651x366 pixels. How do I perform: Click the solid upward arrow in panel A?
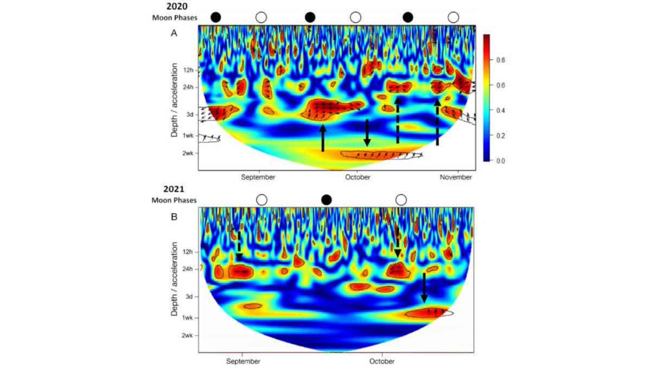click(323, 138)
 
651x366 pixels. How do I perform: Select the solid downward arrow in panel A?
click(367, 133)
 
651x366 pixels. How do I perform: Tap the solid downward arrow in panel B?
click(424, 288)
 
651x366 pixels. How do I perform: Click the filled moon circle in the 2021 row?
click(326, 200)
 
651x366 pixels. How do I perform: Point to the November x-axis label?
click(456, 177)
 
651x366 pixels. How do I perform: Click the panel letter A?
click(174, 33)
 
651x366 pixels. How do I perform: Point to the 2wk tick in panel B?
click(187, 336)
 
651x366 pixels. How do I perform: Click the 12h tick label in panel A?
click(188, 70)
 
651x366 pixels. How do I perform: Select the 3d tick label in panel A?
click(190, 115)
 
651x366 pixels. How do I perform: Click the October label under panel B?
click(382, 361)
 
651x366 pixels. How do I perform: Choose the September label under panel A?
click(259, 177)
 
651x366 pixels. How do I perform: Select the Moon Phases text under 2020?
click(174, 18)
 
